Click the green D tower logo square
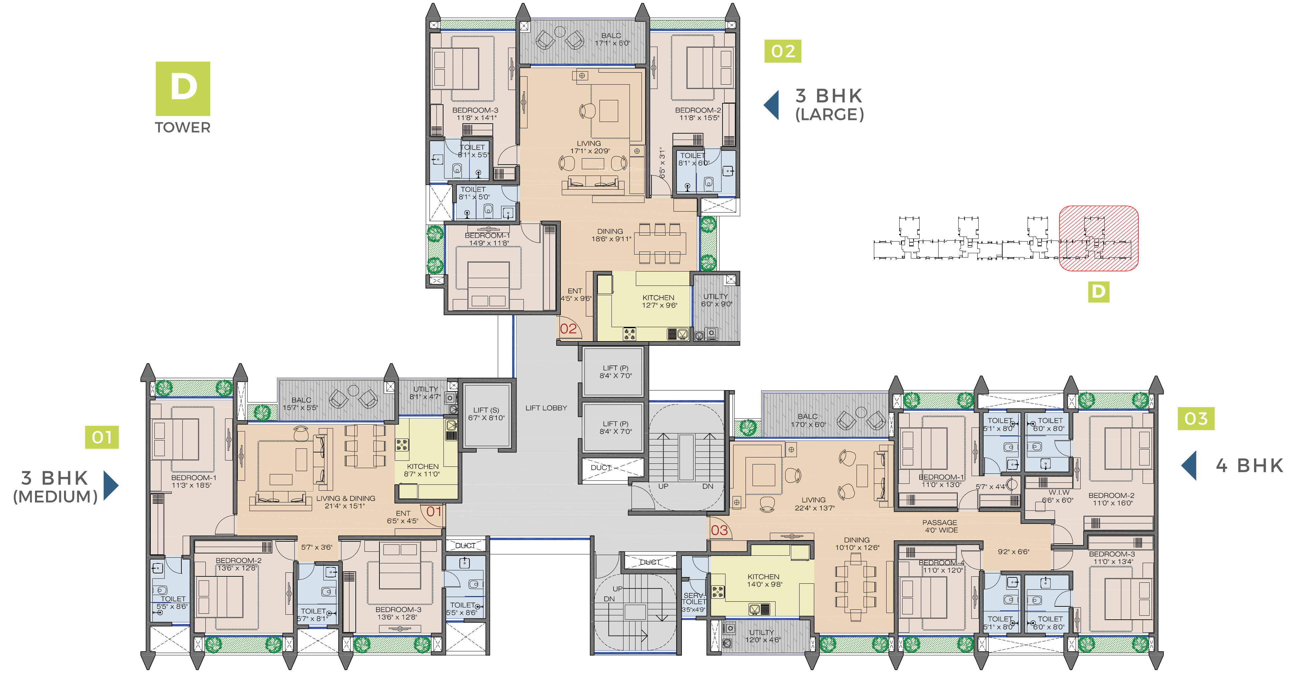pyautogui.click(x=183, y=89)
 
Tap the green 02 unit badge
pyautogui.click(x=783, y=51)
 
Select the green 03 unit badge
pyautogui.click(x=1196, y=418)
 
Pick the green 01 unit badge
pyautogui.click(x=102, y=437)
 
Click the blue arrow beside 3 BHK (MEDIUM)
pyautogui.click(x=111, y=485)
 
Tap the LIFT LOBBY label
pyautogui.click(x=546, y=408)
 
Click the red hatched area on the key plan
pyautogui.click(x=1099, y=239)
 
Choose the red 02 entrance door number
pyautogui.click(x=568, y=329)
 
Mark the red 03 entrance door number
pyautogui.click(x=719, y=530)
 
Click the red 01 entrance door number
pyautogui.click(x=434, y=511)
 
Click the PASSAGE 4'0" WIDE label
pyautogui.click(x=940, y=526)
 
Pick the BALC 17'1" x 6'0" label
pyautogui.click(x=611, y=39)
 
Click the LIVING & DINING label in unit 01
pyautogui.click(x=345, y=498)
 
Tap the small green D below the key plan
pyautogui.click(x=1098, y=292)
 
